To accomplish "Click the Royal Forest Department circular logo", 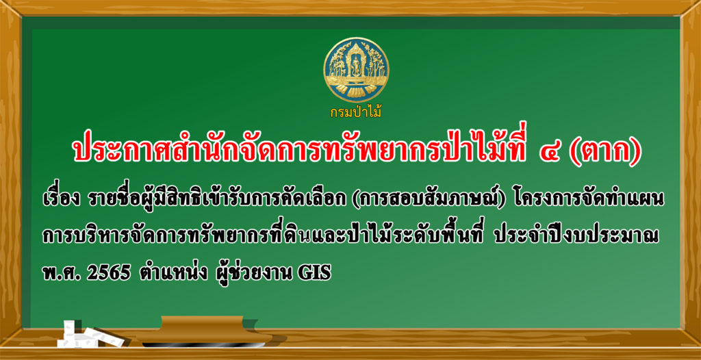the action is (356, 70).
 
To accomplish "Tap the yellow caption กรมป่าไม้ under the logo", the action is (356, 112).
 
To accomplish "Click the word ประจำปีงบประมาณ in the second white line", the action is (576, 237).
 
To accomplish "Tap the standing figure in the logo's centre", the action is (356, 67).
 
